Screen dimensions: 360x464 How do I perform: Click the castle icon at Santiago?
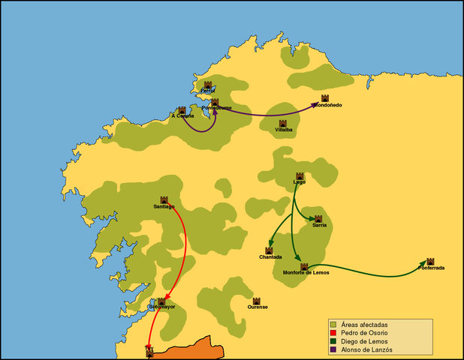pyautogui.click(x=164, y=200)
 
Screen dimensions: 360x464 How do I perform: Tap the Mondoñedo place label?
pyautogui.click(x=327, y=105)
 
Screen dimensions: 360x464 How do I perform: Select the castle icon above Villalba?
pyautogui.click(x=283, y=124)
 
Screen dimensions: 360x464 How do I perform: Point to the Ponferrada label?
pyautogui.click(x=432, y=268)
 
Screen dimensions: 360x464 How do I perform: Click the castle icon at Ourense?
pyautogui.click(x=257, y=301)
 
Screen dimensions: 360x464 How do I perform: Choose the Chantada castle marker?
pyautogui.click(x=269, y=250)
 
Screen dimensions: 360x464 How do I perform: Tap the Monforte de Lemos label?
pyautogui.click(x=306, y=272)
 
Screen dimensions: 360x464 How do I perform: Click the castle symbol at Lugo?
pyautogui.click(x=300, y=176)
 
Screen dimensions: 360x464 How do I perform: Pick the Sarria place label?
pyautogui.click(x=319, y=225)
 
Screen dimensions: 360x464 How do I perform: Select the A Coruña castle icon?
pyautogui.click(x=182, y=110)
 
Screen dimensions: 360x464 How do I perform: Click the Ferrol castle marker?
pyautogui.click(x=208, y=85)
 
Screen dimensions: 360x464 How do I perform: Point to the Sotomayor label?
pyautogui.click(x=161, y=307)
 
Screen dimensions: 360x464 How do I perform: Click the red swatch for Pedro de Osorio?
pyautogui.click(x=332, y=332)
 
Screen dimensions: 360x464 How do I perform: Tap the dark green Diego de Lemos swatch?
pyautogui.click(x=332, y=341)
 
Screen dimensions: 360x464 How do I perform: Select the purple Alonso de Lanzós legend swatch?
pyautogui.click(x=332, y=349)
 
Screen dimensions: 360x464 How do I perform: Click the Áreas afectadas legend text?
pyautogui.click(x=363, y=324)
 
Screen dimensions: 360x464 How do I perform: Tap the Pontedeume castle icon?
pyautogui.click(x=215, y=102)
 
